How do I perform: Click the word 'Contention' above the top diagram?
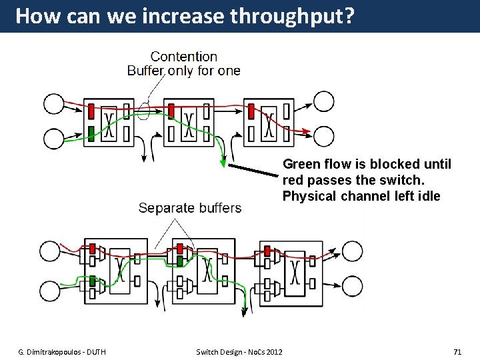pos(184,57)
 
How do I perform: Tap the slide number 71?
pos(457,351)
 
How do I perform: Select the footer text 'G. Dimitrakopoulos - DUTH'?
pos(61,351)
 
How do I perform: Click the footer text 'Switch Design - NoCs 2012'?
pos(239,351)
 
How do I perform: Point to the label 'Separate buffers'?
pos(190,208)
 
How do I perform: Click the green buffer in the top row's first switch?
pos(91,132)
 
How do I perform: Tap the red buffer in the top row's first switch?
pos(91,111)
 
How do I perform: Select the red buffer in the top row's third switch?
pos(251,111)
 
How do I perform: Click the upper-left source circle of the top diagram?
pos(54,103)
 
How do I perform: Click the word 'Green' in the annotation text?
pos(301,164)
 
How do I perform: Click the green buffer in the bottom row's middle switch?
pos(180,261)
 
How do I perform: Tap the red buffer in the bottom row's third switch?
pos(267,251)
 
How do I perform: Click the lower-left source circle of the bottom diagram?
pos(50,291)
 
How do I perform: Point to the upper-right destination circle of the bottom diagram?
pos(352,252)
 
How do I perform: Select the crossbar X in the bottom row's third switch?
pos(295,273)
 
